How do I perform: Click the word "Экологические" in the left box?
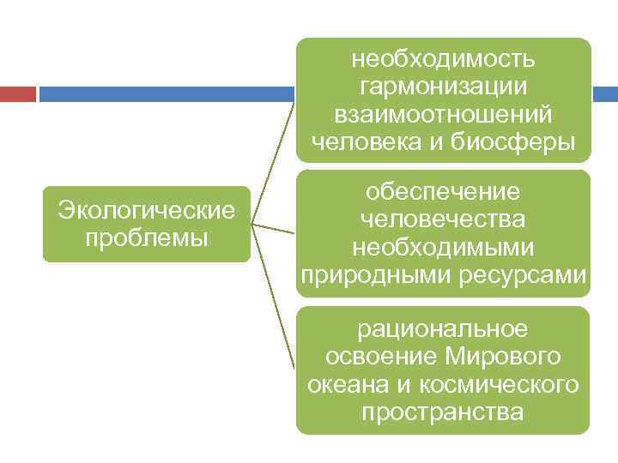point(146,210)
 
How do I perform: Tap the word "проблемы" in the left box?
point(147,237)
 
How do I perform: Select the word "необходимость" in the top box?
point(444,59)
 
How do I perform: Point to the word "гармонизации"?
point(444,87)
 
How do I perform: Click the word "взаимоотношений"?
point(444,114)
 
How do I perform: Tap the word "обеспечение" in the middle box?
point(444,193)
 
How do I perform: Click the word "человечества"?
point(444,220)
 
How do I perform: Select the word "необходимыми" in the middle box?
point(444,248)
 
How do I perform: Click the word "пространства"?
point(444,412)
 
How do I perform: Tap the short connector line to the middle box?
point(273,228)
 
